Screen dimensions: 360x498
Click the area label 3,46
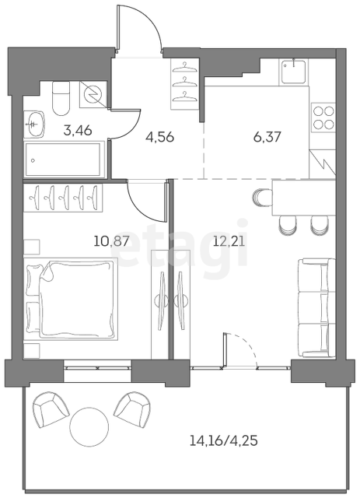[78, 130]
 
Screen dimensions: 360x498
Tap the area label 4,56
[159, 137]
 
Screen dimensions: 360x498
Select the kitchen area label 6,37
[267, 137]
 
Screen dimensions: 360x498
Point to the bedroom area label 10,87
[112, 242]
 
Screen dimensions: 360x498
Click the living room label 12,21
[229, 242]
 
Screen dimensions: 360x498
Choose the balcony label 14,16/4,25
[223, 441]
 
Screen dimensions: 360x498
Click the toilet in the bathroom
[61, 99]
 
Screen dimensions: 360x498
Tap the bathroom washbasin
[34, 124]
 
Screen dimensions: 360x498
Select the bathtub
[65, 160]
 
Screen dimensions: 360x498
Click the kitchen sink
[294, 72]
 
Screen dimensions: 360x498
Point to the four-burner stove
[323, 117]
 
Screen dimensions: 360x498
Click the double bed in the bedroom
[71, 299]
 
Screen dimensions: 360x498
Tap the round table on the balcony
[89, 426]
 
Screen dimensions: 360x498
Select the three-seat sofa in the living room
[316, 308]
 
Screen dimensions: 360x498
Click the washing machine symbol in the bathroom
[93, 93]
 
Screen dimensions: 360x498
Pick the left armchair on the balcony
[51, 409]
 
